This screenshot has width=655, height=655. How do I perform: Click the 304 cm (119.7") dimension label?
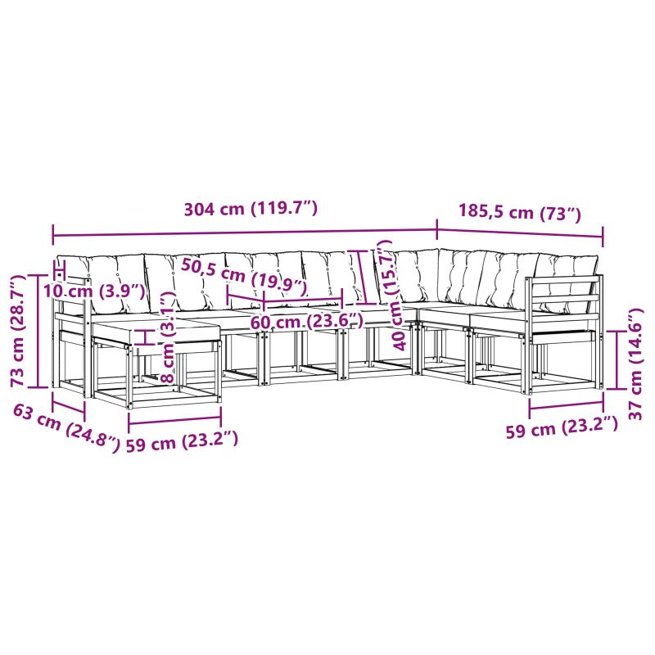251,209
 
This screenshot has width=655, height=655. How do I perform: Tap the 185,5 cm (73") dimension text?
520,211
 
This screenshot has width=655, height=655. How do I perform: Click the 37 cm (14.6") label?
636,364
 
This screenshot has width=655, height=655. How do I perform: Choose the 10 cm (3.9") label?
94,291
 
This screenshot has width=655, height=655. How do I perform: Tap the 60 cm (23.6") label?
306,322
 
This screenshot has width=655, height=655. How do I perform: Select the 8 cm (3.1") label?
169,337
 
